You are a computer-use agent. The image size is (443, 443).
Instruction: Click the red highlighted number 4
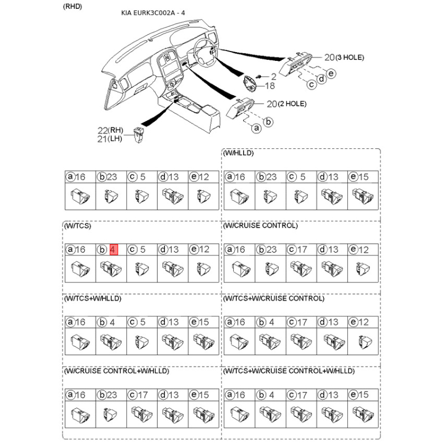(x=114, y=250)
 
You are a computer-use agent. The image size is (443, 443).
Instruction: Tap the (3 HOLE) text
(x=346, y=58)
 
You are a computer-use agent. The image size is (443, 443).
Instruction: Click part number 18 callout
(x=270, y=86)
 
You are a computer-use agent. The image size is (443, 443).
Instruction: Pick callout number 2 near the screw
(x=273, y=76)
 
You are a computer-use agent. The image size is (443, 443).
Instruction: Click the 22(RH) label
(x=110, y=130)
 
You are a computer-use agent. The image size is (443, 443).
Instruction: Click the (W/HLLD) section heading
(x=238, y=153)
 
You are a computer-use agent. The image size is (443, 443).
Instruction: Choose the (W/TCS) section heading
(x=78, y=226)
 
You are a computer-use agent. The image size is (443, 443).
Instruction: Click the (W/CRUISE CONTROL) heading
(x=260, y=226)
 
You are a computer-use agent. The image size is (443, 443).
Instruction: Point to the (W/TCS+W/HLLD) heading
(x=92, y=298)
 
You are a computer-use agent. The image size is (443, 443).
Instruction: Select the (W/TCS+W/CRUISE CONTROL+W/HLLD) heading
(x=289, y=370)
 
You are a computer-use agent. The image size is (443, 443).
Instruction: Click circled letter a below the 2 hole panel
(x=256, y=128)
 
